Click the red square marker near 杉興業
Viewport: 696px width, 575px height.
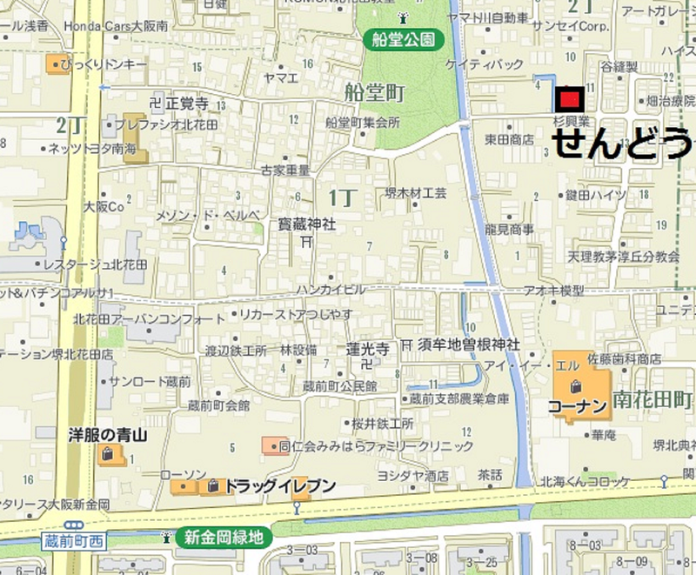[570, 98]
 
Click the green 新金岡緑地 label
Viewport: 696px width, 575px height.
[223, 538]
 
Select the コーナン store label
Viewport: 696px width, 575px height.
[577, 405]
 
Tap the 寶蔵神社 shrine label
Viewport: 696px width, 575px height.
[306, 224]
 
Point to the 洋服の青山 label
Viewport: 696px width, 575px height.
[105, 432]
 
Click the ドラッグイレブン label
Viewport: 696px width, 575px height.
[278, 486]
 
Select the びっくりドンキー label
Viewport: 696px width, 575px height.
[108, 64]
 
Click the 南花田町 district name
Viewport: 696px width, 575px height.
[652, 401]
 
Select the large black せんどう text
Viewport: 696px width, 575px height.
[623, 143]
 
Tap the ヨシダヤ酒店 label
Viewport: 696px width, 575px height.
[412, 476]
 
